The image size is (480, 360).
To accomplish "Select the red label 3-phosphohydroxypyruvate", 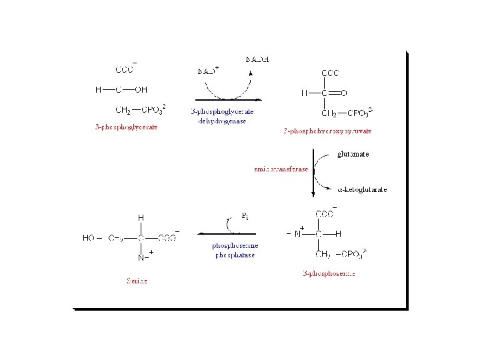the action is click(327, 131).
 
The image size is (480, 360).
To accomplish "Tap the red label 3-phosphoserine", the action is click(328, 273).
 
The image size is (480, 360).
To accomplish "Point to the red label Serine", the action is click(137, 281).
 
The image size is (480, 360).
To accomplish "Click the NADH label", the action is click(257, 59).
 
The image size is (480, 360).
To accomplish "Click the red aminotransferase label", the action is click(281, 169).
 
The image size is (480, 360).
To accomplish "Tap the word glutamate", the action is click(353, 154).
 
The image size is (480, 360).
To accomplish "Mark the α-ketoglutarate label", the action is click(362, 189).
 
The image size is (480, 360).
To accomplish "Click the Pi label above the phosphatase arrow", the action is click(245, 216).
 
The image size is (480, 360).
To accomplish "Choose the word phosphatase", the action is click(233, 255).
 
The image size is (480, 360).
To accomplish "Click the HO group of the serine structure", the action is click(89, 237).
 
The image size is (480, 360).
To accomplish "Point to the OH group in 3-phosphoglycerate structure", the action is click(141, 89).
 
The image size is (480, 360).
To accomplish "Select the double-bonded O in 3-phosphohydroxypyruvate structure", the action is click(344, 93).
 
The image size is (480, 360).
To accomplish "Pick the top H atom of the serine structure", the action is click(141, 218).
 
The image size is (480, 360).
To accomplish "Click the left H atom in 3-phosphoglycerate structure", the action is click(98, 89).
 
